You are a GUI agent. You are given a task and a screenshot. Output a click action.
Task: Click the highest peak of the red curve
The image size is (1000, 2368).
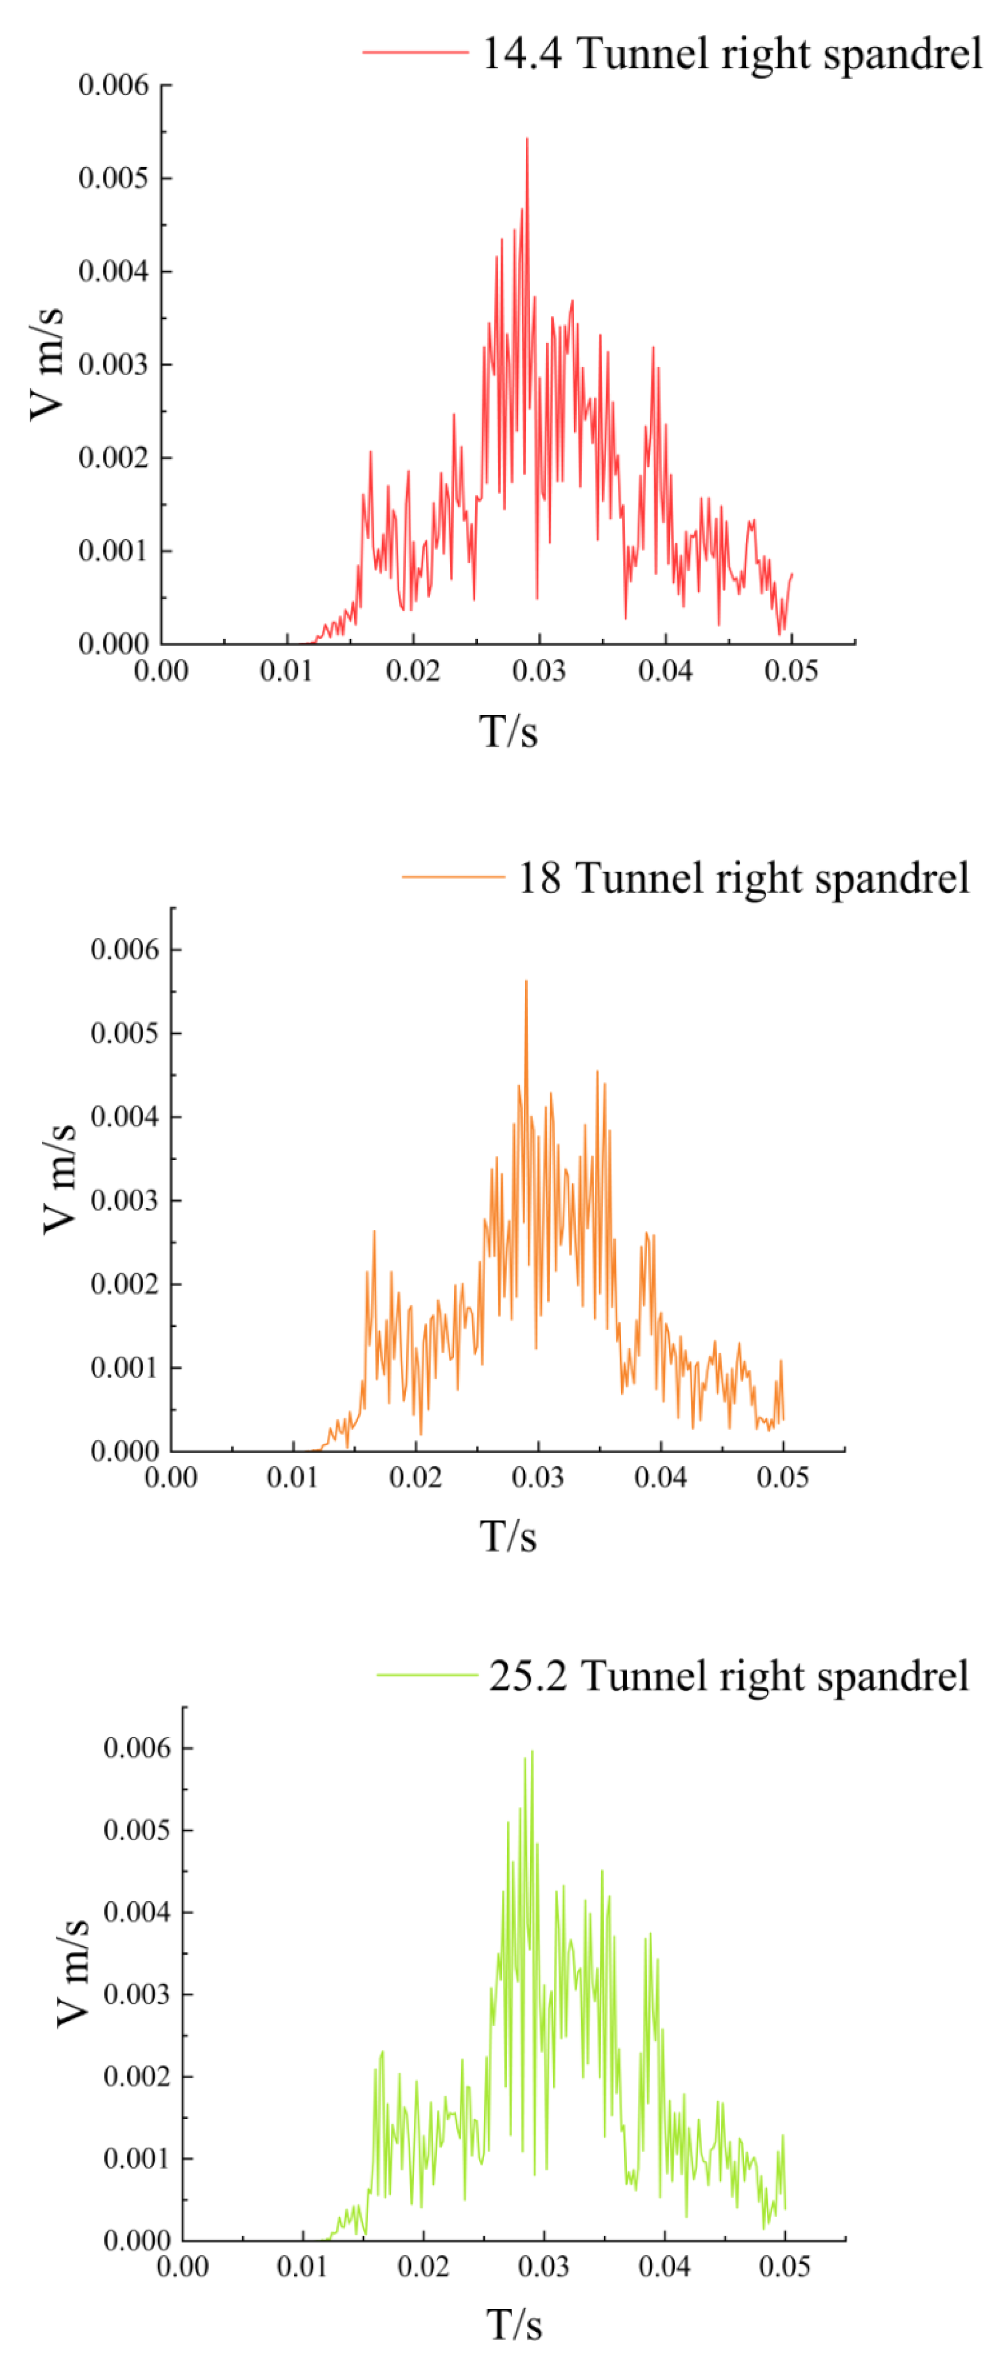click(x=527, y=139)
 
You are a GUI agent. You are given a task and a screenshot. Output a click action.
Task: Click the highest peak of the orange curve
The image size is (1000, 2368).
click(x=526, y=982)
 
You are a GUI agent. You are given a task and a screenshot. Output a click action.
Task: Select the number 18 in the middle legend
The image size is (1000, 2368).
click(x=539, y=878)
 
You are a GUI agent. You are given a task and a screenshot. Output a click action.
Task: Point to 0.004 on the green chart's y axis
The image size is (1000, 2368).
click(x=137, y=1912)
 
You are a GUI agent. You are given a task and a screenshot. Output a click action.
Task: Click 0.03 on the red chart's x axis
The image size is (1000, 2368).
click(x=539, y=670)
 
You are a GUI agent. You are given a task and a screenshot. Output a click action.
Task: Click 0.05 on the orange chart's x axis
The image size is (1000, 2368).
click(x=782, y=1477)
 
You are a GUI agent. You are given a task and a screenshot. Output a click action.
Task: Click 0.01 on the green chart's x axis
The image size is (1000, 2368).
click(x=302, y=2266)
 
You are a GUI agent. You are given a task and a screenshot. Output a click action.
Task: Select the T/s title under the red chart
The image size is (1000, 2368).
click(x=508, y=732)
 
